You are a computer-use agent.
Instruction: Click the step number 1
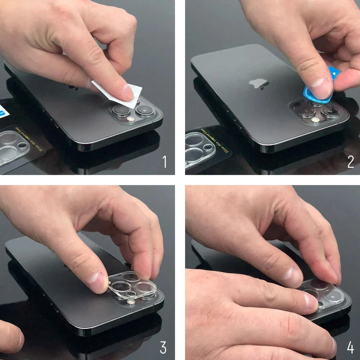click(165, 161)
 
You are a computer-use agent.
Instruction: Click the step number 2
click(351, 162)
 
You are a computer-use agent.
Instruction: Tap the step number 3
click(163, 348)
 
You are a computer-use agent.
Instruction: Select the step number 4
click(350, 348)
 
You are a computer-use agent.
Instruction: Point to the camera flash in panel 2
click(316, 120)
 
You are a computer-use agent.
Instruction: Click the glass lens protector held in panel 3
click(133, 286)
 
